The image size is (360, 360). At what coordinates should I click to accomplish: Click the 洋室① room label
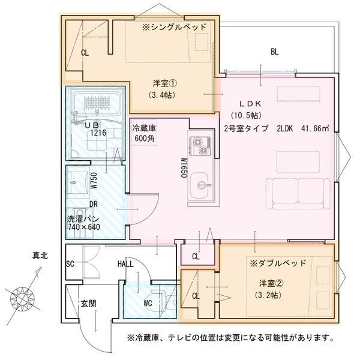(160, 83)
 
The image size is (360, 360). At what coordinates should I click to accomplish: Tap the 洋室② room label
(266, 283)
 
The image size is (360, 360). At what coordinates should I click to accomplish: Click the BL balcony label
(274, 52)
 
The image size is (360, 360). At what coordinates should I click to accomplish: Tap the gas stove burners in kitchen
(199, 145)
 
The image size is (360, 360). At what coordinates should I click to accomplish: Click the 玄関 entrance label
(88, 304)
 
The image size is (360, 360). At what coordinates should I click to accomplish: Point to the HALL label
(126, 264)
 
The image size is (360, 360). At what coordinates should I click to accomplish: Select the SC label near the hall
(70, 264)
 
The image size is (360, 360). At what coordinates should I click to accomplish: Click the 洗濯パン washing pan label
(84, 223)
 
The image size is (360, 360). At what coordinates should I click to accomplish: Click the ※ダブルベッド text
(277, 263)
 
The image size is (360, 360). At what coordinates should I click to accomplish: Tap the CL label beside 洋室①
(85, 53)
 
